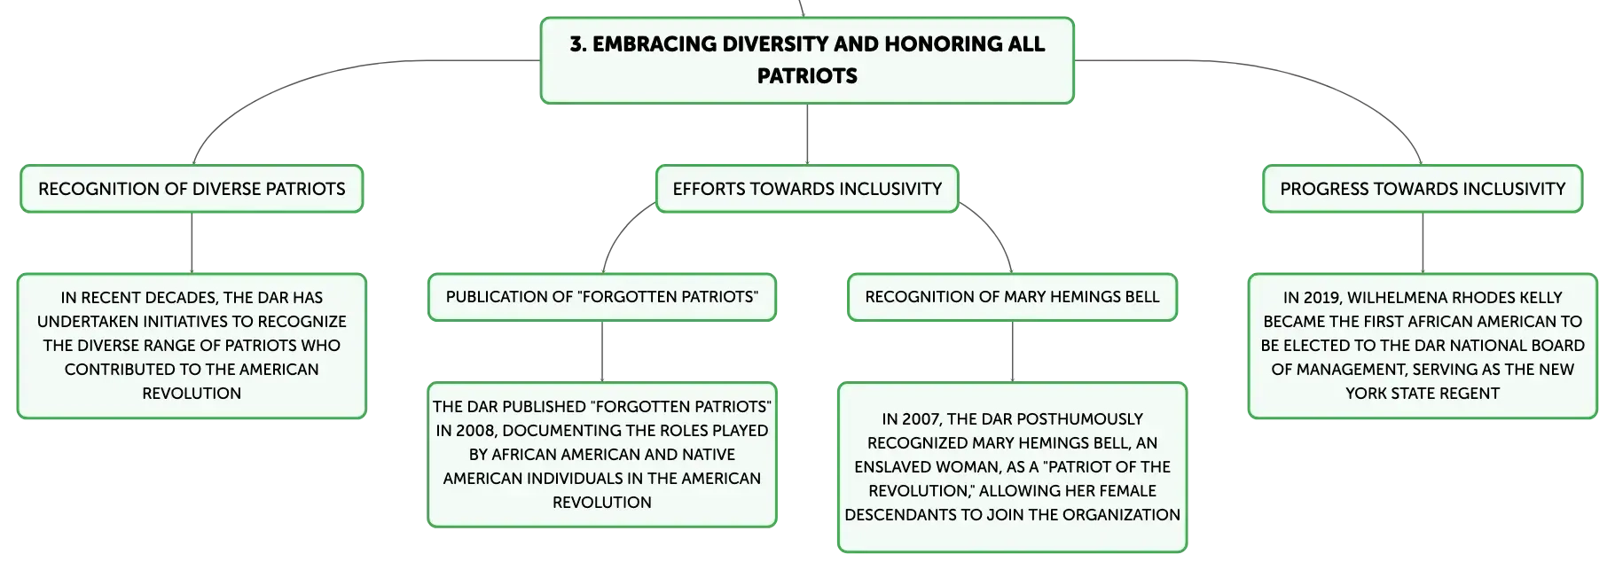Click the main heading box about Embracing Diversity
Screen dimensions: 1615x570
[807, 60]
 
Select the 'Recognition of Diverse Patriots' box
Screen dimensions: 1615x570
[192, 189]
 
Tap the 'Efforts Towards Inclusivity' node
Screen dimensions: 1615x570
[807, 189]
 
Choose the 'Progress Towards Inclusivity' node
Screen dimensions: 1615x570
[1423, 189]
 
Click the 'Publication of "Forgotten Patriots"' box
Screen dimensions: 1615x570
[602, 297]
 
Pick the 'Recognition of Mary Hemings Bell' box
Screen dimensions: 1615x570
[1012, 297]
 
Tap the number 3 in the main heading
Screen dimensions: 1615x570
[576, 44]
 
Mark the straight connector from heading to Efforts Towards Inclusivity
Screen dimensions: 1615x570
[807, 135]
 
